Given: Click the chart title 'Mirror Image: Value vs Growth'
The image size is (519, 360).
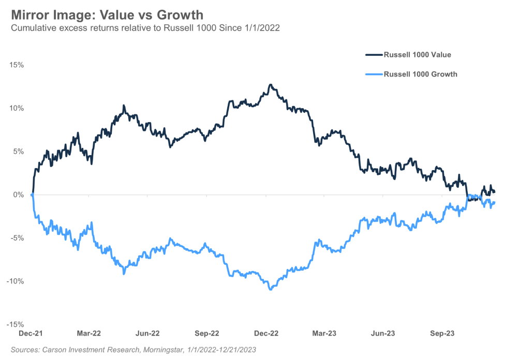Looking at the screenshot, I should click(107, 14).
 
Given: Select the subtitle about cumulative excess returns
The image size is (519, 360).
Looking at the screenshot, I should click(145, 28).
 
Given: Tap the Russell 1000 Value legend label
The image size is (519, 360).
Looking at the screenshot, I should click(418, 54).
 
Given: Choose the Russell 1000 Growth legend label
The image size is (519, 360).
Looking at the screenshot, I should click(420, 74).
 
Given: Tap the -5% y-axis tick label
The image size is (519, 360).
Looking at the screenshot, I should click(17, 238).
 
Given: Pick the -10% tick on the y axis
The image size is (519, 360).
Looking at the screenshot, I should click(15, 281).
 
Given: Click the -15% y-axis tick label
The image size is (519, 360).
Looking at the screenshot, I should click(15, 325).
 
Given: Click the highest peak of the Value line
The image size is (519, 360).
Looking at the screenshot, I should click(270, 84).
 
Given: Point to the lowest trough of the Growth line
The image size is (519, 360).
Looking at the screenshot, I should click(271, 289).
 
